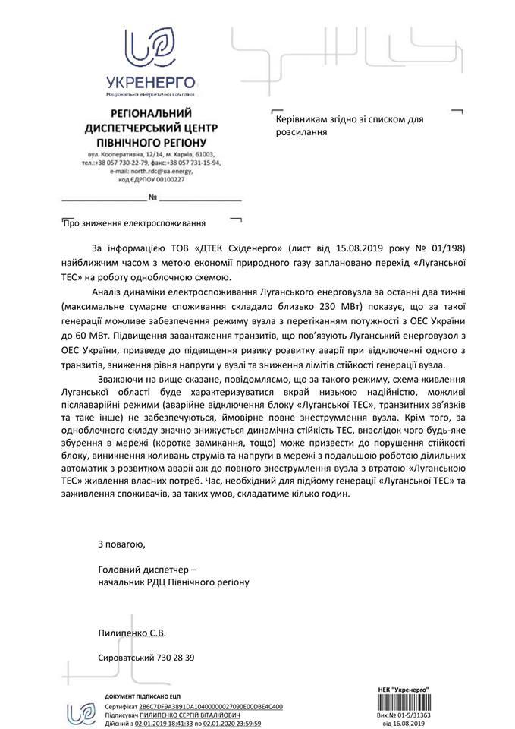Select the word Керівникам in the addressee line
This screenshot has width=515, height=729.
(x=300, y=119)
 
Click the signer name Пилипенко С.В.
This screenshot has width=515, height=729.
(x=131, y=632)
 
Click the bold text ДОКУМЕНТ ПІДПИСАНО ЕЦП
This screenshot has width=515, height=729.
(x=143, y=696)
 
